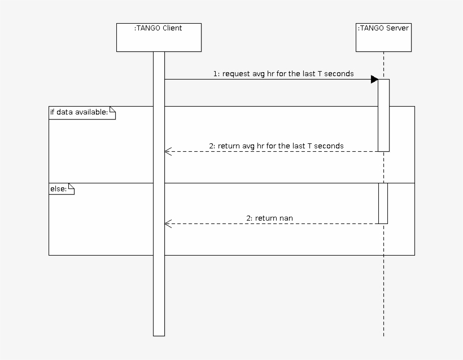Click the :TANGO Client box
pos(159,37)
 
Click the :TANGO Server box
pos(383,37)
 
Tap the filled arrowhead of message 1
pos(374,80)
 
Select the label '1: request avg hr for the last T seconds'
pos(283,73)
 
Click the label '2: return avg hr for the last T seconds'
pos(276,146)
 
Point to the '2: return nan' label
pos(269,218)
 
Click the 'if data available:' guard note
pos(82,112)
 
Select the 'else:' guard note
pos(62,189)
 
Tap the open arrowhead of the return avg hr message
pos(167,151)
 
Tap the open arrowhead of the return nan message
pos(167,223)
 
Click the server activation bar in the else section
pos(383,203)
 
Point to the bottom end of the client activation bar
pos(159,335)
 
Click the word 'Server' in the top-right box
pos(398,28)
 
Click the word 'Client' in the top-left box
pos(172,28)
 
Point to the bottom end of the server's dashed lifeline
pos(383,335)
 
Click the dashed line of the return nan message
pos(271,223)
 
